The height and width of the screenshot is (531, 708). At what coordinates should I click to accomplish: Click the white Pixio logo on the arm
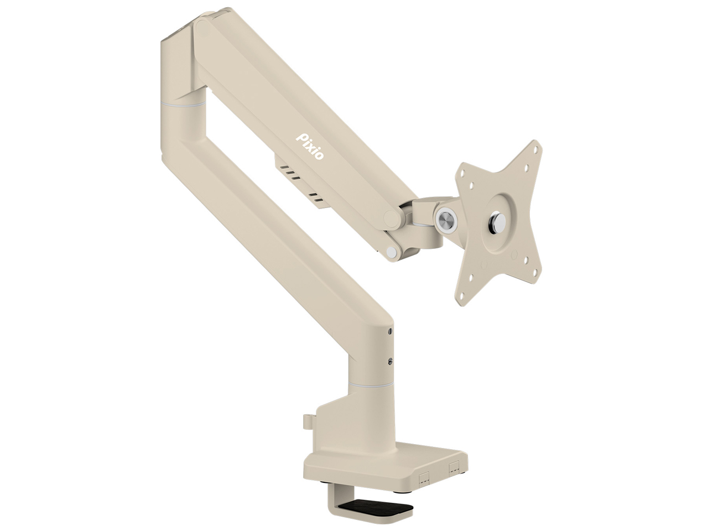coord(311,145)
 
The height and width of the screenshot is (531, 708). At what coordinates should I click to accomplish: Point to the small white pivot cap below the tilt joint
coord(392,252)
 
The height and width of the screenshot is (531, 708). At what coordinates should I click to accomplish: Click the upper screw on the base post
coord(390,331)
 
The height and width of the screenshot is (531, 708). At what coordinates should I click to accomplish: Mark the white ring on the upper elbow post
coord(183,103)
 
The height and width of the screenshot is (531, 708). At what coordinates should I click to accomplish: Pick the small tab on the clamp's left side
coord(307,421)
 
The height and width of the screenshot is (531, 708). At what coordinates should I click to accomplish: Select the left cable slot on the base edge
coord(424,477)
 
